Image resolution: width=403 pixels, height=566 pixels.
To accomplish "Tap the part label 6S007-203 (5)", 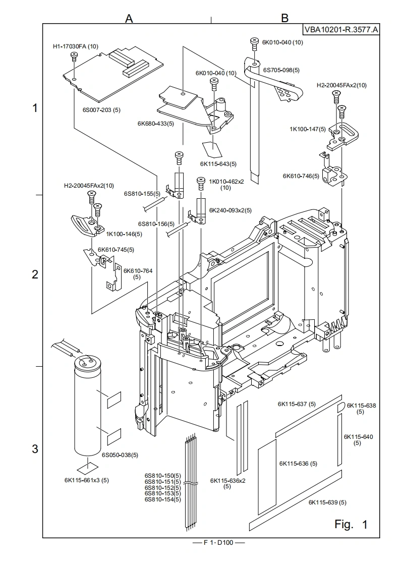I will pyautogui.click(x=101, y=109).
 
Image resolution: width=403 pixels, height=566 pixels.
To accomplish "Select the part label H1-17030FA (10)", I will pyautogui.click(x=76, y=46).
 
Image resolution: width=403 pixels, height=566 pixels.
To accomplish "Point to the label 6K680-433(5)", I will pyautogui.click(x=155, y=123).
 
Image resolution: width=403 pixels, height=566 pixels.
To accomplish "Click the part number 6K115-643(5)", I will pyautogui.click(x=218, y=163).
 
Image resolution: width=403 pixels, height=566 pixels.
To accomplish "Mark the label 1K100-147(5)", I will pyautogui.click(x=307, y=129).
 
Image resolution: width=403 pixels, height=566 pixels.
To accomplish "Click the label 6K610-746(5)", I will pyautogui.click(x=301, y=176).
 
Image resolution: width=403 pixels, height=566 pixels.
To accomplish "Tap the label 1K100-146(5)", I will pyautogui.click(x=124, y=234).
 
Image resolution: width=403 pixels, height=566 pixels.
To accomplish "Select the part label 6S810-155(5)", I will pyautogui.click(x=142, y=193).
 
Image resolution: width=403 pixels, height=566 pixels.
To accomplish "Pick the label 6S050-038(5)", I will pyautogui.click(x=120, y=455).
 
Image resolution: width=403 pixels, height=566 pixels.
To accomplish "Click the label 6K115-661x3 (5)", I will pyautogui.click(x=87, y=480).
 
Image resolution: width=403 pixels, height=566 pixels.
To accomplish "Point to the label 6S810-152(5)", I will pyautogui.click(x=162, y=487).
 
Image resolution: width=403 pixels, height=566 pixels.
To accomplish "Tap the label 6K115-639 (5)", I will pyautogui.click(x=327, y=502).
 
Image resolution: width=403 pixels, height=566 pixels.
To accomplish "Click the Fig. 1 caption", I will pyautogui.click(x=351, y=525).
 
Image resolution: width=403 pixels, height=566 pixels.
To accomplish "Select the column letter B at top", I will pyautogui.click(x=284, y=18).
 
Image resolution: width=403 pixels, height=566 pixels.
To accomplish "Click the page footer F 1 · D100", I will pyautogui.click(x=218, y=543).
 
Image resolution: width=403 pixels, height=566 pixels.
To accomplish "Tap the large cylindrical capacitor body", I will pyautogui.click(x=89, y=409).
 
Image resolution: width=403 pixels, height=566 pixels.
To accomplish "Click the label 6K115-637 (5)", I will pyautogui.click(x=297, y=404).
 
